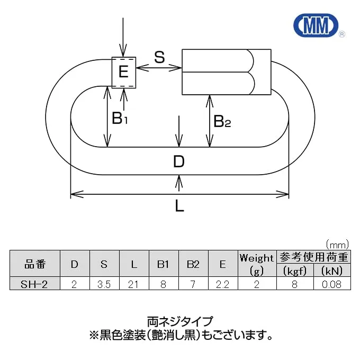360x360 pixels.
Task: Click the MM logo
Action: [x=317, y=25]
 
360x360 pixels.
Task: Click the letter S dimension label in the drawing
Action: [x=159, y=57]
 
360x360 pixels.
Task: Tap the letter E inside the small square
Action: [x=123, y=71]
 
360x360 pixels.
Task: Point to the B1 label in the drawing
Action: [x=120, y=118]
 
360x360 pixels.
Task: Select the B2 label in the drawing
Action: [x=222, y=121]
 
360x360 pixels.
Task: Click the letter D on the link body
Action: [x=179, y=161]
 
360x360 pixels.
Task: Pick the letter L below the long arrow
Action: [x=179, y=205]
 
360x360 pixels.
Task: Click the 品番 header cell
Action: [x=34, y=264]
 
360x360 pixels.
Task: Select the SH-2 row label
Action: [x=34, y=284]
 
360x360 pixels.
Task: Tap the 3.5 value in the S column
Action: [x=104, y=284]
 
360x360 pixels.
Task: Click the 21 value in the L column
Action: [x=133, y=284]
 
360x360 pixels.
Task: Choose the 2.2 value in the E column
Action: [x=222, y=284]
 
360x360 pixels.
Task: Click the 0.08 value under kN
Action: [x=331, y=284]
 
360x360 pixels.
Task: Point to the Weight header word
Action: [x=257, y=258]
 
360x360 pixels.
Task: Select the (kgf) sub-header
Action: [x=295, y=271]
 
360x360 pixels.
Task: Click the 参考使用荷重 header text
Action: [x=313, y=257]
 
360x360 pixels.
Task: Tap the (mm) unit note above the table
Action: [x=337, y=245]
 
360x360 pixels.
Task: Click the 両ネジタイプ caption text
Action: [x=180, y=321]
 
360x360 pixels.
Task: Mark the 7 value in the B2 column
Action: [x=193, y=284]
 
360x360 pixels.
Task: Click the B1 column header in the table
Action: [x=163, y=264]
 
